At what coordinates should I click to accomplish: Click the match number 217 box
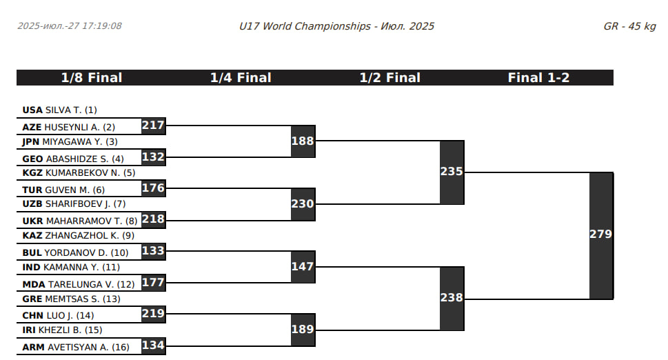pyautogui.click(x=153, y=126)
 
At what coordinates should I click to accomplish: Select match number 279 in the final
pyautogui.click(x=600, y=234)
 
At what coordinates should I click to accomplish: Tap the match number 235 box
pyautogui.click(x=452, y=172)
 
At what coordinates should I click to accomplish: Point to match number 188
pyautogui.click(x=303, y=141)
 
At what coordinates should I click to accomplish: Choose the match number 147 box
pyautogui.click(x=303, y=266)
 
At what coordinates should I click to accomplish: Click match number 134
pyautogui.click(x=153, y=345)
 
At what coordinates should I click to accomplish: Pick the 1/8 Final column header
pyautogui.click(x=92, y=78)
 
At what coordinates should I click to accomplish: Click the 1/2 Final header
pyautogui.click(x=389, y=78)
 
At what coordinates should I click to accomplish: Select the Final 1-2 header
pyautogui.click(x=538, y=78)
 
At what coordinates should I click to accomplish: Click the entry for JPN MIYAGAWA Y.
pyautogui.click(x=70, y=141)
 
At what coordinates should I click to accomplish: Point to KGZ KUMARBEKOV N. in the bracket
pyautogui.click(x=79, y=172)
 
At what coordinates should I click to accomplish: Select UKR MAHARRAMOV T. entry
pyautogui.click(x=80, y=221)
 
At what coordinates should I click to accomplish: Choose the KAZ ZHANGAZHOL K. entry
pyautogui.click(x=78, y=235)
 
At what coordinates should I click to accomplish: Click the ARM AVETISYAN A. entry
pyautogui.click(x=77, y=347)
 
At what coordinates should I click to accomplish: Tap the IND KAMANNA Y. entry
pyautogui.click(x=71, y=267)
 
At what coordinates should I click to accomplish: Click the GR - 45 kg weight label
pyautogui.click(x=629, y=26)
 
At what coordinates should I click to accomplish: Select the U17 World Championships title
pyautogui.click(x=336, y=26)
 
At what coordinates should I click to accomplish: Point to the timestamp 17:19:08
pyautogui.click(x=101, y=26)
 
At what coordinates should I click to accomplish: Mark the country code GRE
pyautogui.click(x=32, y=299)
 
